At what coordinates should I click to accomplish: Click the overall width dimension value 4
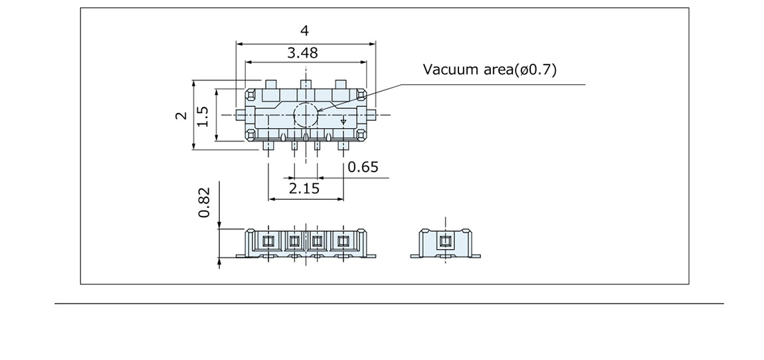[304, 31]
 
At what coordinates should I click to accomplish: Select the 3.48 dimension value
[302, 53]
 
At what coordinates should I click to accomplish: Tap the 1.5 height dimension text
[204, 117]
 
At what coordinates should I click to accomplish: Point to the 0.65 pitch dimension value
[363, 167]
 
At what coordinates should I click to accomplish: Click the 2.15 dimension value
[304, 189]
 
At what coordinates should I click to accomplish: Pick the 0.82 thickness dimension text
[204, 203]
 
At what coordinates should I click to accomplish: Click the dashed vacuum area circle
[306, 115]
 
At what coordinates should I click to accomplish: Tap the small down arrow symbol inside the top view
[343, 121]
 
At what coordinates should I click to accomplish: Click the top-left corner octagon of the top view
[250, 95]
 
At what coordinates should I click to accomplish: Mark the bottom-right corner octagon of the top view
[361, 135]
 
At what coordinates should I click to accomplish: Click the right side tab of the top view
[372, 114]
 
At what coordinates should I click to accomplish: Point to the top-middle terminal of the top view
[306, 84]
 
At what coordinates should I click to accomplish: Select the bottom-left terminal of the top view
[268, 144]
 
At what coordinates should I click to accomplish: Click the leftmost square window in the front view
[268, 241]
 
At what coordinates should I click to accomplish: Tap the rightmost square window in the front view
[343, 241]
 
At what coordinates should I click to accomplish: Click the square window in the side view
[444, 241]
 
